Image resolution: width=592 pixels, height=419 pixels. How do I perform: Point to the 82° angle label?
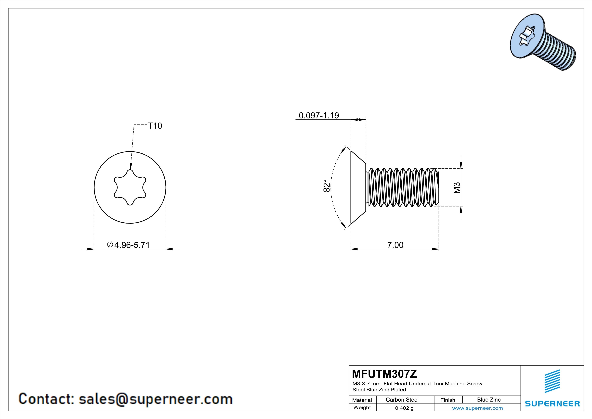point(326,186)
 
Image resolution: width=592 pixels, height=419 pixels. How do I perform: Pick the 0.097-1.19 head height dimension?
point(319,115)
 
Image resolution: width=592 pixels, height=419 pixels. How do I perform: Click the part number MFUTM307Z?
point(384,374)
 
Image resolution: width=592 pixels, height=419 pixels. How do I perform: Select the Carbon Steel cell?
point(402,400)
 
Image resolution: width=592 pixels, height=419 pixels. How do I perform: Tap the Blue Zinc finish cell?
point(489,400)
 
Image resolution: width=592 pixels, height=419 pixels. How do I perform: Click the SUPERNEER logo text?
point(552,403)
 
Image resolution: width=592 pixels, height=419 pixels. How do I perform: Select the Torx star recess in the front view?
point(130,187)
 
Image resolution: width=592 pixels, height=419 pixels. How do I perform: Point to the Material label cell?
point(362,400)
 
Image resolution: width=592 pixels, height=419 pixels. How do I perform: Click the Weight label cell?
point(362,407)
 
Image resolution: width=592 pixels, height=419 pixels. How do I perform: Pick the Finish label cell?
point(448,400)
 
